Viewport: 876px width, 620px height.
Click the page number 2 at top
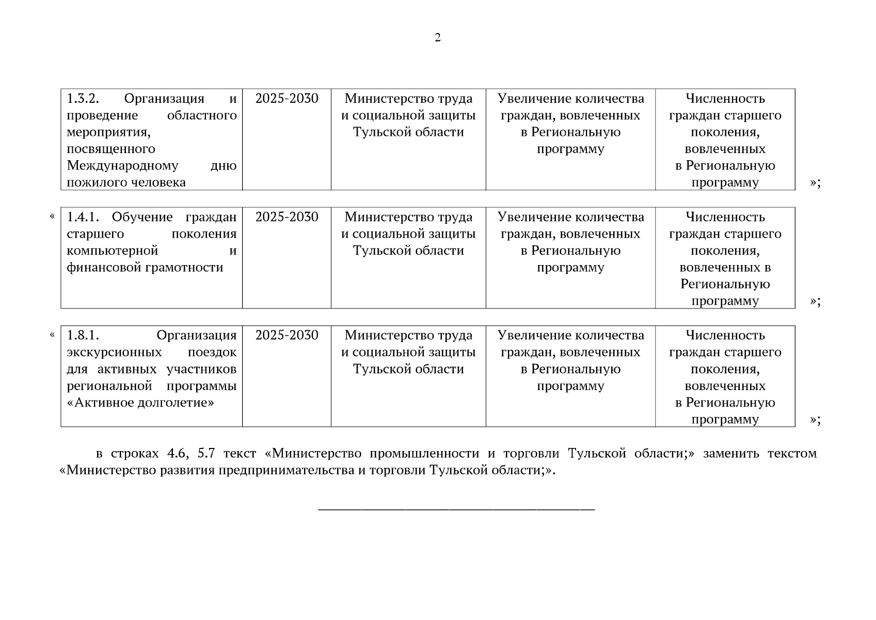click(x=438, y=38)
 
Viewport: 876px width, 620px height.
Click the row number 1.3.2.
click(x=83, y=99)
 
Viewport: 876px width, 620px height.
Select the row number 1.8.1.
click(x=83, y=335)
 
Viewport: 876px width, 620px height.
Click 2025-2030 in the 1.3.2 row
click(x=286, y=99)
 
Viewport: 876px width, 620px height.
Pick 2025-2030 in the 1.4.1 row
click(x=286, y=217)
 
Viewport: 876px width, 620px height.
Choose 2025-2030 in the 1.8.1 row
click(x=286, y=335)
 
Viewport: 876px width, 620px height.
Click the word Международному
click(x=122, y=166)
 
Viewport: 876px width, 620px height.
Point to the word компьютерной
click(x=112, y=251)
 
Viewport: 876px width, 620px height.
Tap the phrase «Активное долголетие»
click(x=140, y=402)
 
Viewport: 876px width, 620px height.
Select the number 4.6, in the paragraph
click(x=178, y=454)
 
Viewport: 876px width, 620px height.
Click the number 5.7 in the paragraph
click(x=206, y=454)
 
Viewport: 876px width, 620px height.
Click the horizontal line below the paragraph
click(x=456, y=510)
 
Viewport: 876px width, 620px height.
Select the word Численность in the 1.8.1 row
click(x=725, y=335)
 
